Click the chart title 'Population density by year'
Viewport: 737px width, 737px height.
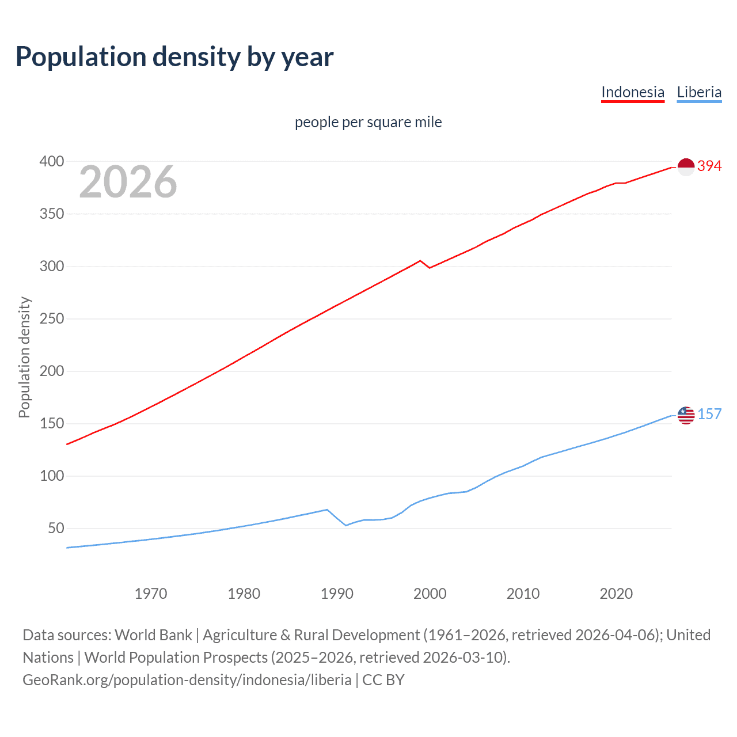[174, 57]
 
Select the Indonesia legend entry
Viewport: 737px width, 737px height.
[632, 92]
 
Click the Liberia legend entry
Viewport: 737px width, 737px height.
[699, 92]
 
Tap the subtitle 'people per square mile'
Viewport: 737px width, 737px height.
[368, 122]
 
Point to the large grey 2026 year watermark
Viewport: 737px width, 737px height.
[128, 182]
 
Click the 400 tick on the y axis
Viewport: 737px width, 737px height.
[51, 162]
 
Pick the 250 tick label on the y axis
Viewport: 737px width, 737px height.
[51, 319]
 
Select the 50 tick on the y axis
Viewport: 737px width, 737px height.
[55, 529]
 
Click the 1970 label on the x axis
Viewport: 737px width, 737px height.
[151, 594]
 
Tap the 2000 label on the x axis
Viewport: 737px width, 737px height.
[430, 594]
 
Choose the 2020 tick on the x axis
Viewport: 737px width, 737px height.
[616, 594]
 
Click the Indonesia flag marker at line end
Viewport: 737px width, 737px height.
[686, 166]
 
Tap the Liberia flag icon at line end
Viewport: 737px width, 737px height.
[686, 415]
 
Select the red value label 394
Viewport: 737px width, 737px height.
[709, 166]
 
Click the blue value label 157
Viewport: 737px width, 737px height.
[709, 415]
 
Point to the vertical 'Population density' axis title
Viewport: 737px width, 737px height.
[24, 357]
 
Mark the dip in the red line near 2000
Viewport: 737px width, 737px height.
[430, 268]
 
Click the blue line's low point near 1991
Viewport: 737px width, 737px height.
[346, 525]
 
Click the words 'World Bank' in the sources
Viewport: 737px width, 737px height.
[153, 635]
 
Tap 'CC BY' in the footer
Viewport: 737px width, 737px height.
[383, 680]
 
